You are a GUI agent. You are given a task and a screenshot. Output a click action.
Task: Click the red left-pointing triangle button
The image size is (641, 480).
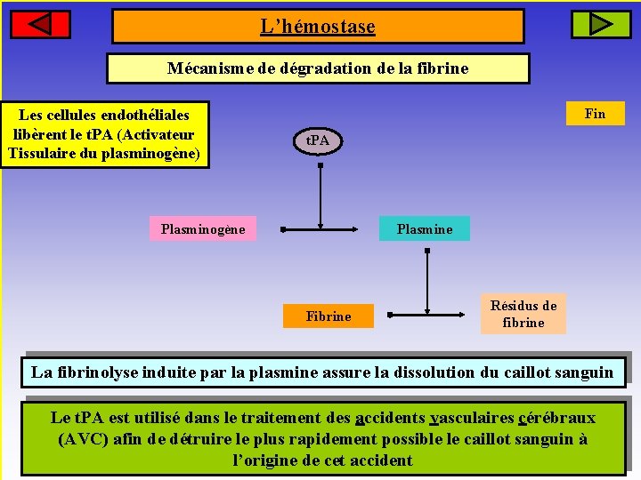(x=40, y=24)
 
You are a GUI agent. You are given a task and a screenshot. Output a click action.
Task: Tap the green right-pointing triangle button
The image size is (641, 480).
(x=600, y=24)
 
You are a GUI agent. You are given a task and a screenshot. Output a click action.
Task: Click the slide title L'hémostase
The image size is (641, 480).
(x=318, y=27)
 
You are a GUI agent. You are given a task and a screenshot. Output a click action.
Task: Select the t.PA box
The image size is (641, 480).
(x=317, y=140)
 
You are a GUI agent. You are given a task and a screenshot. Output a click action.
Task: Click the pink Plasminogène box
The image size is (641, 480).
(x=203, y=229)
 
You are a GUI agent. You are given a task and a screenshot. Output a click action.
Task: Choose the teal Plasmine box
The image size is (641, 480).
(x=425, y=229)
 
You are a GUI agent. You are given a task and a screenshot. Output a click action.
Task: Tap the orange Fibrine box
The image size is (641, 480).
(x=329, y=316)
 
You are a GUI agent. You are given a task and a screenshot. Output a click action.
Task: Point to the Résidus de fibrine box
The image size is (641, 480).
(x=523, y=314)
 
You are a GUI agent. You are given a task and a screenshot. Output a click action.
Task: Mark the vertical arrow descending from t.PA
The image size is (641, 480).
(x=320, y=191)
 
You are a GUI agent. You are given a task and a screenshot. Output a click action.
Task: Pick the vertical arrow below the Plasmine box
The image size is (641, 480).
(x=427, y=280)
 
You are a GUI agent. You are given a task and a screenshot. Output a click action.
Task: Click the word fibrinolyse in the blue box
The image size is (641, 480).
(x=97, y=372)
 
